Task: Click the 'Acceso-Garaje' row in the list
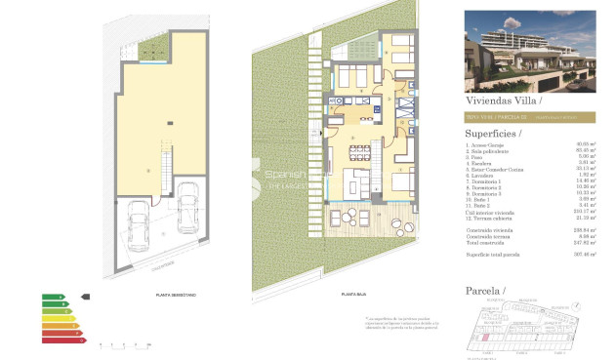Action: (487, 146)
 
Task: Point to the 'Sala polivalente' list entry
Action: (489, 152)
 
